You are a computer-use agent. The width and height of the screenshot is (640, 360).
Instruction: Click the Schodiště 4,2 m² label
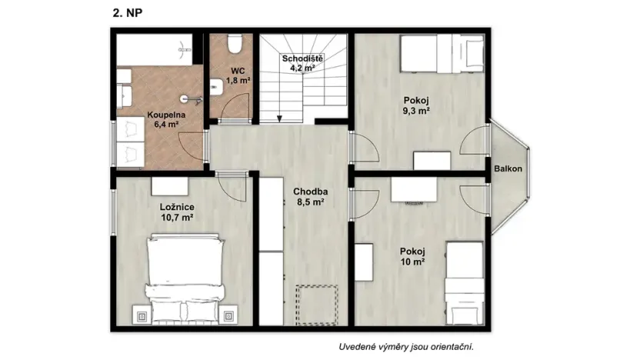pos(302,63)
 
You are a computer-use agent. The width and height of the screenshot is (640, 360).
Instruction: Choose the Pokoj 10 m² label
pos(412,256)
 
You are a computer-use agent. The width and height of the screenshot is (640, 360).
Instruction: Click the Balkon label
pos(508,168)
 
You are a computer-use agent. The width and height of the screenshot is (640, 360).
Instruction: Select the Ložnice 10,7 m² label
pos(176,212)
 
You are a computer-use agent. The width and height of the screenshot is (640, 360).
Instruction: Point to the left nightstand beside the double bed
pos(142,315)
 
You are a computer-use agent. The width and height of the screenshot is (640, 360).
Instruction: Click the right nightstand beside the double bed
pos(228,315)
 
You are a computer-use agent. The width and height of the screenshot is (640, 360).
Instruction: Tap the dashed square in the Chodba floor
pos(317,304)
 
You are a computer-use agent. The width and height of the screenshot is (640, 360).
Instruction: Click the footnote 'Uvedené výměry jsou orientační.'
pos(406,347)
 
